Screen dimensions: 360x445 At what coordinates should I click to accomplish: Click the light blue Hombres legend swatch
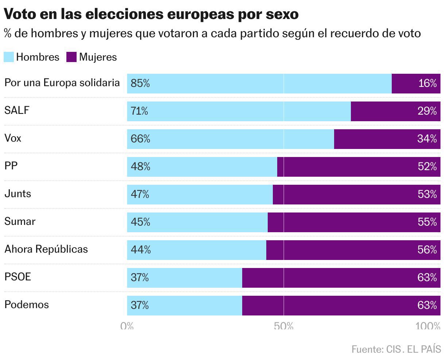[9, 57]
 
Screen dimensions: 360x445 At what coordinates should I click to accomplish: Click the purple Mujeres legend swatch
[71, 57]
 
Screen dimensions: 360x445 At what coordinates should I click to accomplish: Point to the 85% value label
[140, 84]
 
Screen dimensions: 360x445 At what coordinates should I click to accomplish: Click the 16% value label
[427, 84]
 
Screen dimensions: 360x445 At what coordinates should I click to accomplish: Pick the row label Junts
[18, 194]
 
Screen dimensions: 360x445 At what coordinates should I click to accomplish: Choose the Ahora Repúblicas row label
[46, 249]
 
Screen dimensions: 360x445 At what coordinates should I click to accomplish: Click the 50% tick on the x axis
[284, 326]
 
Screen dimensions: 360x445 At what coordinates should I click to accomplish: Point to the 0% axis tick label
[127, 326]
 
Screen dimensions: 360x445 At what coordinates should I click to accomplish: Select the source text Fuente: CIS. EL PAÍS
[396, 349]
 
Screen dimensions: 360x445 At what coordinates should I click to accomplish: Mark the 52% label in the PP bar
[427, 167]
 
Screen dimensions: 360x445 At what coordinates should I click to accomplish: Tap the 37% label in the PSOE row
[140, 278]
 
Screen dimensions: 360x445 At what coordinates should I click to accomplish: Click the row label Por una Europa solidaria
[62, 83]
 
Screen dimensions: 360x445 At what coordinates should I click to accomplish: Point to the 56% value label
[427, 250]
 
